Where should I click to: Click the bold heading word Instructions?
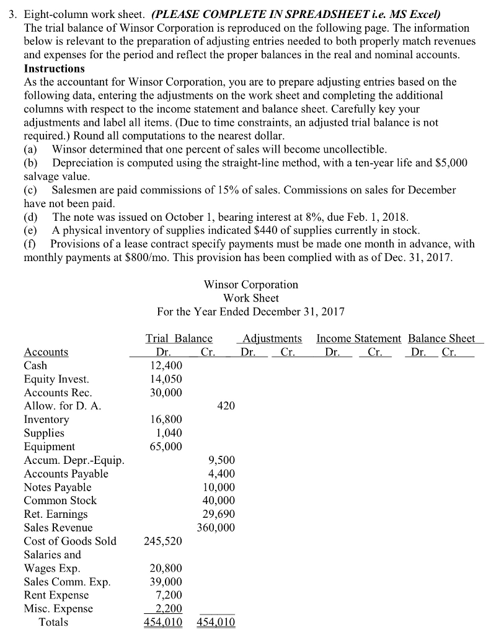click(x=54, y=68)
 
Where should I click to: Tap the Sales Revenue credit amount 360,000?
click(x=216, y=528)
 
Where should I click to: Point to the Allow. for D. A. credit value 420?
click(x=226, y=406)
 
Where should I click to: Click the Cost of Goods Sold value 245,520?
click(x=163, y=541)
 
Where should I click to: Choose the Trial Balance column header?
click(x=179, y=339)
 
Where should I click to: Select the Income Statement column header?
click(x=358, y=339)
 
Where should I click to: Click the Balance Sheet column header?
click(x=441, y=339)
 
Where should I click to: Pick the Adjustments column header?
click(x=272, y=339)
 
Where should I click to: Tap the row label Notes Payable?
click(x=57, y=487)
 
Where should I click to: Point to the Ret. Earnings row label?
click(x=56, y=514)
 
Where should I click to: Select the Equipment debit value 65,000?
click(x=166, y=446)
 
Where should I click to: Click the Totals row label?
click(x=53, y=622)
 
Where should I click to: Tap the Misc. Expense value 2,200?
click(x=169, y=609)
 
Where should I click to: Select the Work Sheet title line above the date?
click(x=251, y=298)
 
